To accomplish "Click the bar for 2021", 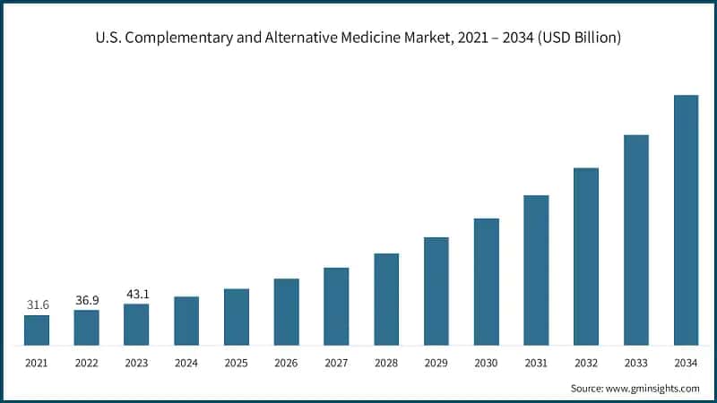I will coord(37,330).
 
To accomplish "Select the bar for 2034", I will coord(686,219).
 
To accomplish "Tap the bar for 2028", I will coord(386,299).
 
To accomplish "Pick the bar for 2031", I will coord(536,270).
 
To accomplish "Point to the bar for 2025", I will coord(237,317).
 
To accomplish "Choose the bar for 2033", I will coord(636,240).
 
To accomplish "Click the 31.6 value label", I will coord(37,304).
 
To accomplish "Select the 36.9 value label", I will coord(87,299).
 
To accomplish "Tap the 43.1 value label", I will coord(136,293).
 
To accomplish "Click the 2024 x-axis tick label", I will coord(186,363).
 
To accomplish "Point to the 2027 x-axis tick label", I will coord(336,363).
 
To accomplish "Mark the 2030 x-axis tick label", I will coord(487,363).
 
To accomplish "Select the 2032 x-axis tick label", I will coord(586,363).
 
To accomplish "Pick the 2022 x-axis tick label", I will coord(87,363).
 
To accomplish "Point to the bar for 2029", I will coord(436,291).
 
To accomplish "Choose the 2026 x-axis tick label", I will coord(287,363).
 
